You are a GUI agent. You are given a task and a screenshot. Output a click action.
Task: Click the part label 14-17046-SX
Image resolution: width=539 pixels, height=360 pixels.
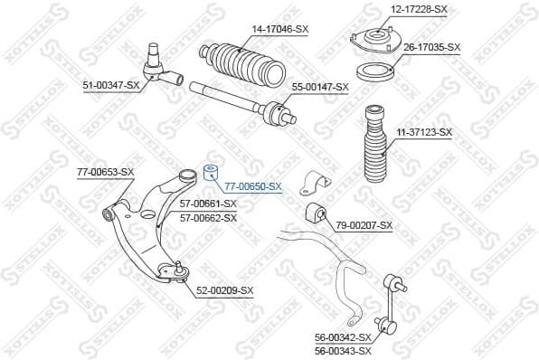click(x=279, y=29)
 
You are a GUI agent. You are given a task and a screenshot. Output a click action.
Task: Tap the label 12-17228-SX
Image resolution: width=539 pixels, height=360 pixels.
click(x=419, y=9)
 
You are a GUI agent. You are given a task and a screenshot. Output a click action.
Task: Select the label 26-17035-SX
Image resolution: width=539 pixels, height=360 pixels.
click(x=431, y=46)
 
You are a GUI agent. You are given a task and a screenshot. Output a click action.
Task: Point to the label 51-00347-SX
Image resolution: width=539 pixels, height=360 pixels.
click(x=111, y=85)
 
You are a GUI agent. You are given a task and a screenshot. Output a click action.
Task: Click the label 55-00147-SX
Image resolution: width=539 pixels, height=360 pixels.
click(x=319, y=86)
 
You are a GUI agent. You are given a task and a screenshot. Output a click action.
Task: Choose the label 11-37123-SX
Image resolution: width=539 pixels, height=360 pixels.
click(x=423, y=132)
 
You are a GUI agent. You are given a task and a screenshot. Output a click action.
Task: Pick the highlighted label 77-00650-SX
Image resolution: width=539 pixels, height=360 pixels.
click(x=253, y=186)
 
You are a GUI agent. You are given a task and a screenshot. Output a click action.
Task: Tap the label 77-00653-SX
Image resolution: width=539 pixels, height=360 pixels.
click(x=105, y=171)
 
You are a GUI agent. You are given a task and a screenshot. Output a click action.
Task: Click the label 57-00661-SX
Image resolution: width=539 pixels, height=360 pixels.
click(x=208, y=204)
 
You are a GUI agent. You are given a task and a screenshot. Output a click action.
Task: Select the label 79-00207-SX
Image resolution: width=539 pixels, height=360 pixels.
click(x=364, y=224)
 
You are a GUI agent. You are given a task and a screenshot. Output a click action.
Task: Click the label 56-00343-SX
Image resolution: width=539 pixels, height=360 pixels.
click(x=343, y=350)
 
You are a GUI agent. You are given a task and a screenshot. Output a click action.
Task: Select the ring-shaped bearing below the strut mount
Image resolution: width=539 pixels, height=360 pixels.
click(x=373, y=72)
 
